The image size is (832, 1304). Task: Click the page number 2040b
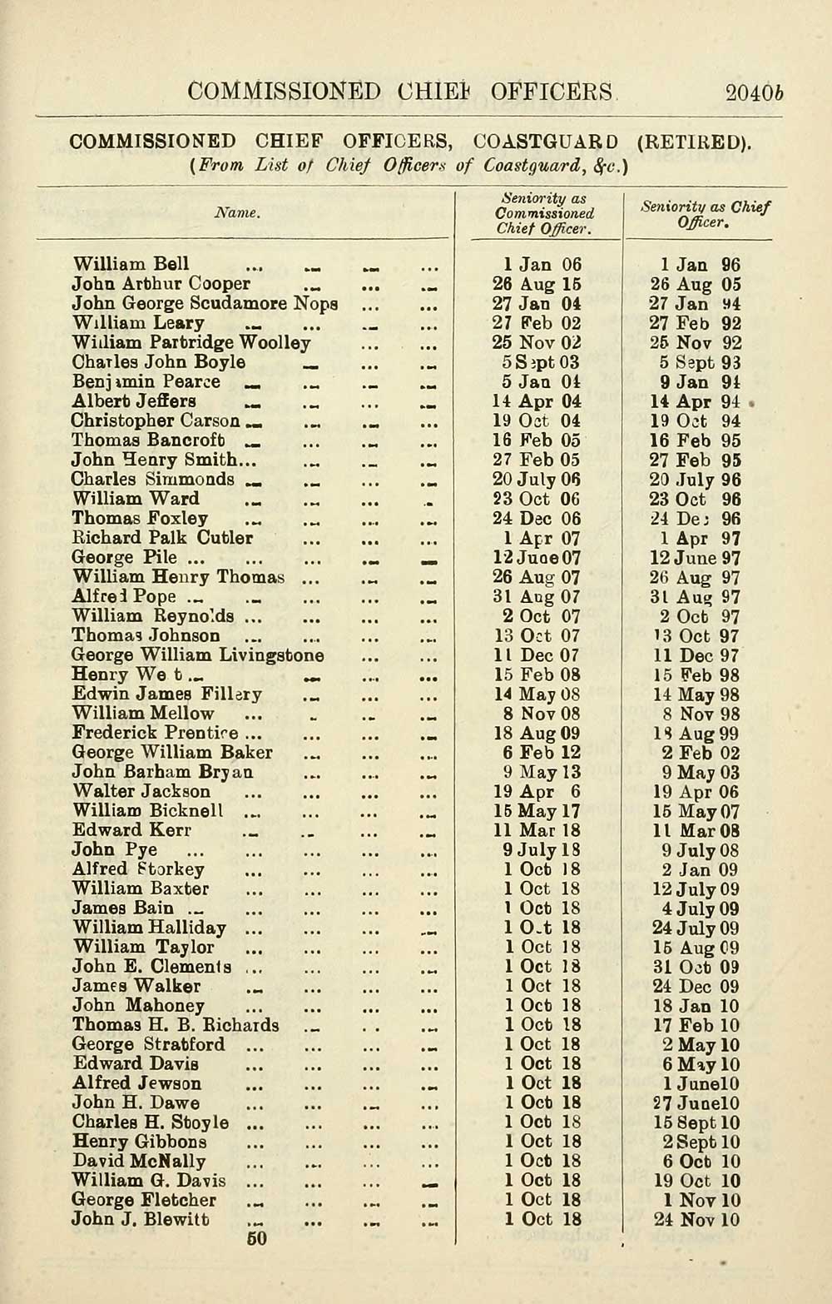click(755, 92)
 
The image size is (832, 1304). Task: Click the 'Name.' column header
click(238, 213)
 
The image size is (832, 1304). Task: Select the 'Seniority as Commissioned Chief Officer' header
click(544, 214)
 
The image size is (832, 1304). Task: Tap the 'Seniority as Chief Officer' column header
click(706, 214)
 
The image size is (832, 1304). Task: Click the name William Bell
click(131, 265)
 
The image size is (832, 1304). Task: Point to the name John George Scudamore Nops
click(205, 304)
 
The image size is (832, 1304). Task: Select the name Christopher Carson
click(156, 421)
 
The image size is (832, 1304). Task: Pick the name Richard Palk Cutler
click(162, 538)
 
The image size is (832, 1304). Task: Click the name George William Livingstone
click(198, 655)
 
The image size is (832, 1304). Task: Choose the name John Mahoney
click(138, 1006)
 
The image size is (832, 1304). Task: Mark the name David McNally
click(139, 1162)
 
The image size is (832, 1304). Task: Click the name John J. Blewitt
click(141, 1220)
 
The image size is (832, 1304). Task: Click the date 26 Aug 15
click(537, 284)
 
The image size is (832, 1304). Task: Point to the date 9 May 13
click(542, 773)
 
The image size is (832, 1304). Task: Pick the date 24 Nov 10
click(696, 1221)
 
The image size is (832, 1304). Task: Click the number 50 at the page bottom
click(257, 1239)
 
